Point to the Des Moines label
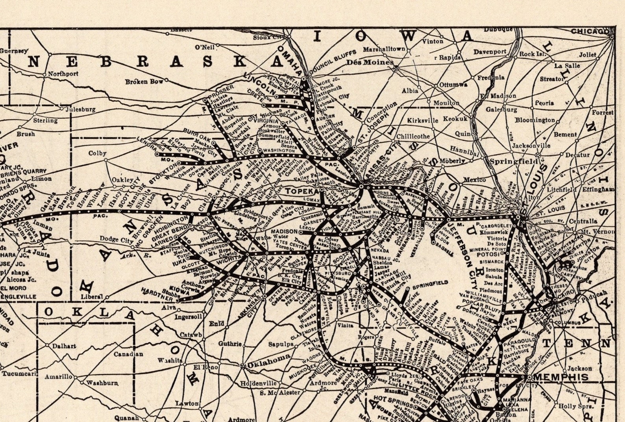pyautogui.click(x=370, y=62)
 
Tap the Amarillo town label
pyautogui.click(x=58, y=377)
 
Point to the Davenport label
pyautogui.click(x=490, y=52)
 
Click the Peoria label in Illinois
pyautogui.click(x=544, y=103)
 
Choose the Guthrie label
pyautogui.click(x=229, y=344)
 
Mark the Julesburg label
pyautogui.click(x=80, y=110)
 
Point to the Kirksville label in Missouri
pyautogui.click(x=422, y=120)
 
